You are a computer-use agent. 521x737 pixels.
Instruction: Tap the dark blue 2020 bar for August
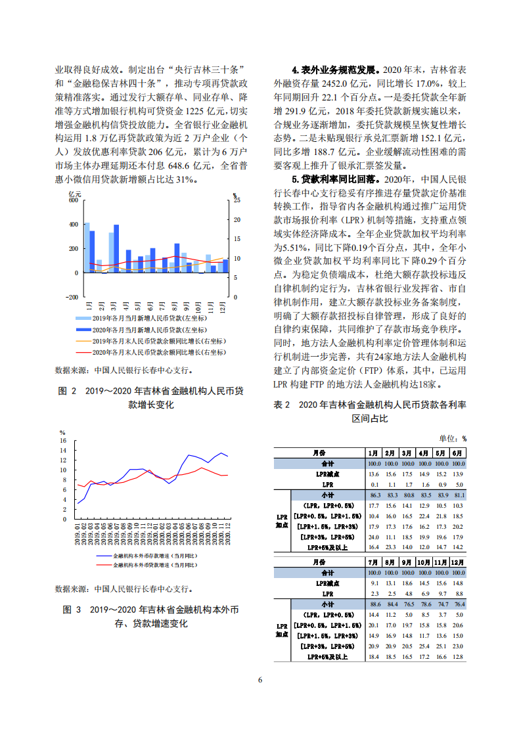177,257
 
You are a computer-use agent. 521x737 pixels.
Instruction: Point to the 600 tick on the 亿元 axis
73,200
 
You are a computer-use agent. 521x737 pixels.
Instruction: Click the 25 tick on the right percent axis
237,200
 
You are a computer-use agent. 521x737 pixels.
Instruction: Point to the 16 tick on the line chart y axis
63,440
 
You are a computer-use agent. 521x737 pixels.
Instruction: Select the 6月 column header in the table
457,453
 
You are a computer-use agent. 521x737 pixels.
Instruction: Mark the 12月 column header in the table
458,562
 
